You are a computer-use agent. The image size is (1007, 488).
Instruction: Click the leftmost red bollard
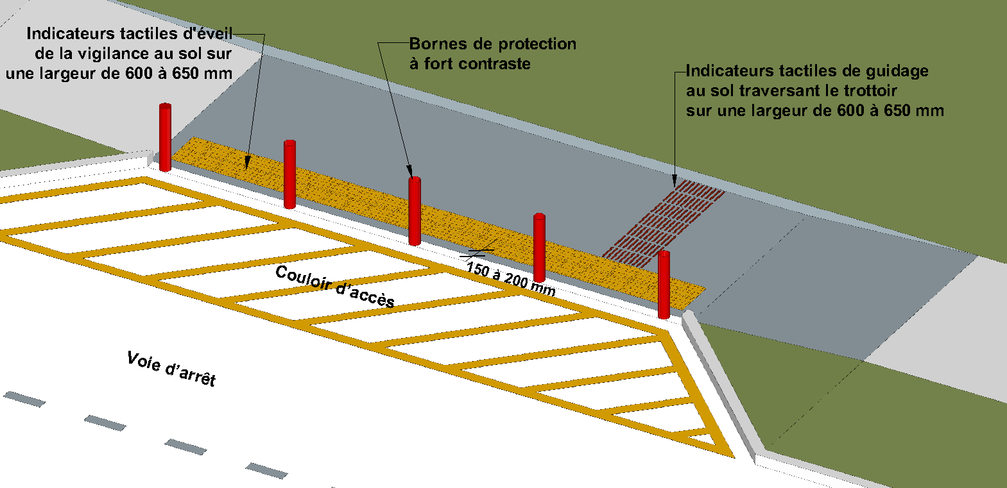(165, 137)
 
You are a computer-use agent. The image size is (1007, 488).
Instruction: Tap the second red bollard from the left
(289, 174)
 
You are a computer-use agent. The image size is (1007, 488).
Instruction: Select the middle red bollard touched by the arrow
(415, 211)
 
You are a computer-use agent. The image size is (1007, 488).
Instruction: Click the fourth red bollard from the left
(539, 248)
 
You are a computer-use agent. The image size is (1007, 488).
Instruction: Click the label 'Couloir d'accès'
(334, 286)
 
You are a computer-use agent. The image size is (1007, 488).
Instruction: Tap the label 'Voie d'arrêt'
(171, 369)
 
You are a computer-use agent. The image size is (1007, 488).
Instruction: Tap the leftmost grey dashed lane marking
(24, 399)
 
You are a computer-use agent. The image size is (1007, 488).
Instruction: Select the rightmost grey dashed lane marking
(267, 470)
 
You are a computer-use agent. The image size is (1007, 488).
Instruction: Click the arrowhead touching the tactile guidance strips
(675, 181)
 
